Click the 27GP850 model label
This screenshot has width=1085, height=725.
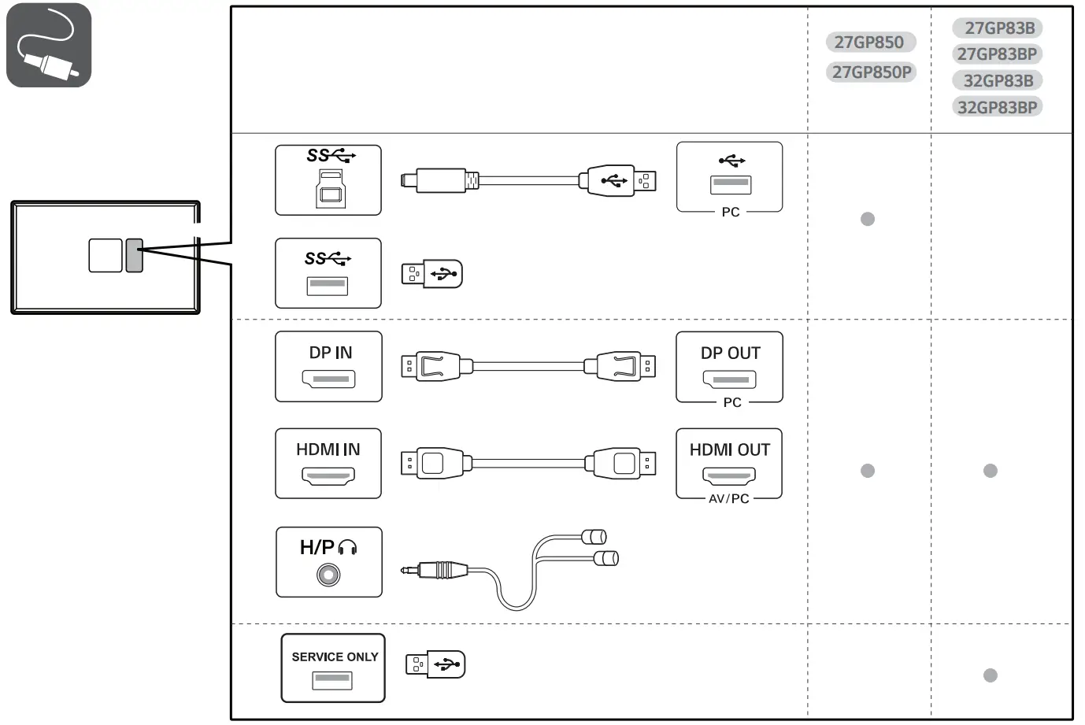coord(868,43)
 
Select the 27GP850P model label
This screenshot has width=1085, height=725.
coord(871,72)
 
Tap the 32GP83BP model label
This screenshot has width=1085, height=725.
coord(997,107)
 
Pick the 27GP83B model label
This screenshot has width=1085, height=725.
coord(999,28)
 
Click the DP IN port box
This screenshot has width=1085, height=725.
coord(328,366)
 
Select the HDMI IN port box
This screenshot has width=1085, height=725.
coord(328,463)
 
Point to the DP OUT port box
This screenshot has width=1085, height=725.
coord(729,366)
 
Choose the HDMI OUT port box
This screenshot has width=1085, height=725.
coord(729,463)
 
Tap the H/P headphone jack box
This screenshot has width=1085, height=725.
coord(328,562)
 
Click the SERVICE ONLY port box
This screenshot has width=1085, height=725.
coord(333,668)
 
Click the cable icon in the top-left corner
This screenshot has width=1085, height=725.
coord(49,45)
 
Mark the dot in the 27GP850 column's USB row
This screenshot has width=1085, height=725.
coord(868,219)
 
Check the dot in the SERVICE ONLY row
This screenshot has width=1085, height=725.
coord(991,675)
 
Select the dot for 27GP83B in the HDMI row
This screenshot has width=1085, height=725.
coord(991,471)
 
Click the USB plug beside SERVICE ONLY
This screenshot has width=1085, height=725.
coord(435,664)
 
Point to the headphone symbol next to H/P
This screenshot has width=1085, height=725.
coord(347,548)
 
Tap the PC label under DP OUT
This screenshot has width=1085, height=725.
coord(732,402)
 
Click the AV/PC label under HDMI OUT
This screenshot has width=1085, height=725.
coord(729,499)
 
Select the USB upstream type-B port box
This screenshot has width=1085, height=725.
coord(328,180)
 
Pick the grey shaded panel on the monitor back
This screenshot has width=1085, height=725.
coord(134,255)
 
